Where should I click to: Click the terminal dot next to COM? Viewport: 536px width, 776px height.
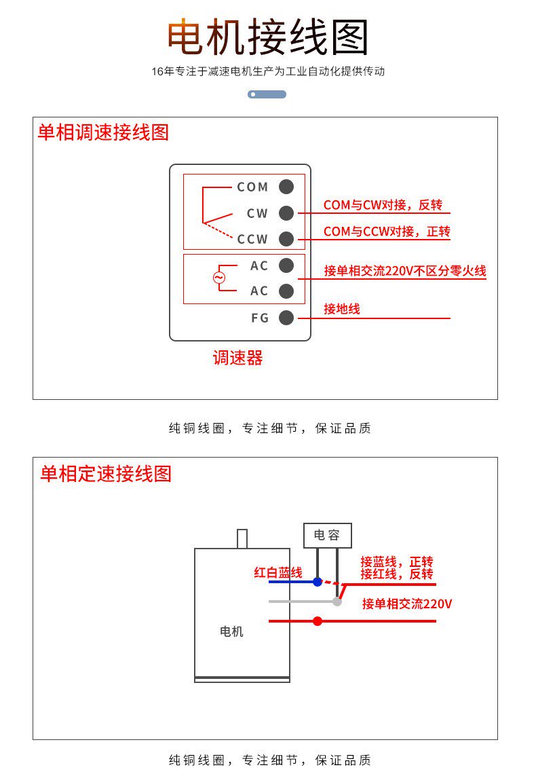click(286, 187)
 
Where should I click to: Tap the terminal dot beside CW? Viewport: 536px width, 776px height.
click(286, 213)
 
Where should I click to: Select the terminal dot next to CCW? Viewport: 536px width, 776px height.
click(286, 239)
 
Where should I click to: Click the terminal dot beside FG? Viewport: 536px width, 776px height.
click(286, 317)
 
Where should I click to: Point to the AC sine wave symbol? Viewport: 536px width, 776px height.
click(218, 278)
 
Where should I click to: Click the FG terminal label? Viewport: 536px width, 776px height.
click(260, 318)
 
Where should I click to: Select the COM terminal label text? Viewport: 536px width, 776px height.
click(252, 187)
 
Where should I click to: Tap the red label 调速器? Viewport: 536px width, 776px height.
click(237, 358)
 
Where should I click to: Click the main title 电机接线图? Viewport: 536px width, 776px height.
click(268, 37)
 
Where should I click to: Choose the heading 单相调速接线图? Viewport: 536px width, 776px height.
click(103, 132)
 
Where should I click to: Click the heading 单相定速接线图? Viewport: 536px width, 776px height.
click(106, 473)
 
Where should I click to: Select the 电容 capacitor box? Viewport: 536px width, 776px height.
click(327, 535)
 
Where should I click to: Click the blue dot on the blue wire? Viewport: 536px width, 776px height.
click(318, 582)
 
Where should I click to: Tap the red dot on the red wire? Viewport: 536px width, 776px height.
click(318, 621)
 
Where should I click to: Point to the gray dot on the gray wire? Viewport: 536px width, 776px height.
click(337, 602)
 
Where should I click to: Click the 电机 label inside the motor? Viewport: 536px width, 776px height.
click(231, 631)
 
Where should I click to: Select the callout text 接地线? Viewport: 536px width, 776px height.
click(342, 309)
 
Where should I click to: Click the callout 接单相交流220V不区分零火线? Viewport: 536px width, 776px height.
click(405, 271)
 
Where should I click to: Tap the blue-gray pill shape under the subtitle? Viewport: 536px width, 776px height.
click(267, 94)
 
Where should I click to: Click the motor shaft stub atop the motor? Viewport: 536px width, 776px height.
click(242, 539)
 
